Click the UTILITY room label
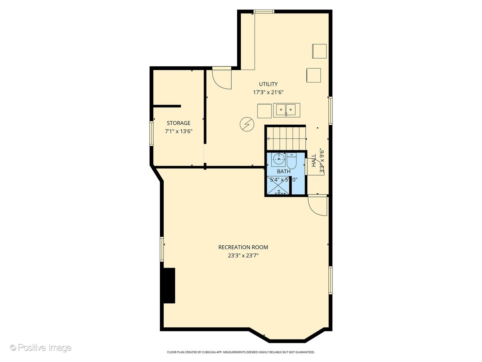coord(268,84)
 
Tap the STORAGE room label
coord(178,123)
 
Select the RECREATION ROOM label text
coord(243,247)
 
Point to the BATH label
coord(284,171)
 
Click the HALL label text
coord(314,161)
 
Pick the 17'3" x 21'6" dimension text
coord(268,92)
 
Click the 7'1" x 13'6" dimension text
coord(178,131)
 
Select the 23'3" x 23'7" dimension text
coord(243,256)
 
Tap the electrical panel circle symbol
coord(247,125)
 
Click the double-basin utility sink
coord(287,110)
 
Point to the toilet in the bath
coord(292,161)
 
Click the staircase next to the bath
coord(286,138)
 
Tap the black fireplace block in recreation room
coord(169,286)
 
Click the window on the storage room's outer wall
coord(151,133)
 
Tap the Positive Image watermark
coord(41,348)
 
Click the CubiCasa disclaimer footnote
coord(241,352)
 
